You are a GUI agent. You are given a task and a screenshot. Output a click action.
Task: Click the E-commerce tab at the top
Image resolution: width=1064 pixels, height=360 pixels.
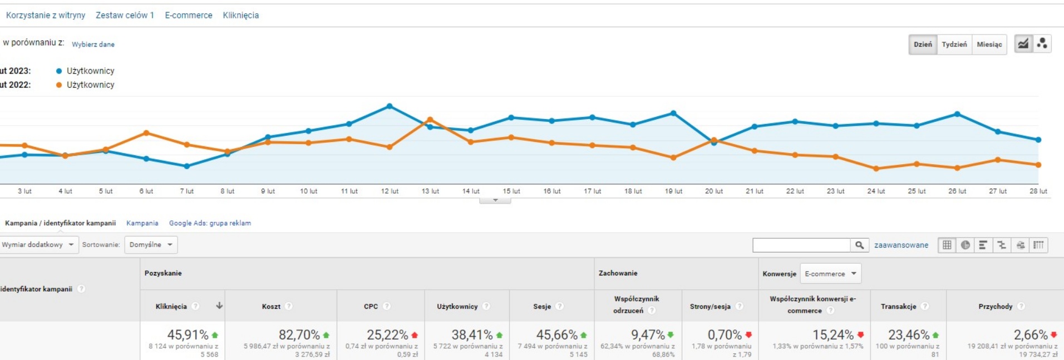[188, 15]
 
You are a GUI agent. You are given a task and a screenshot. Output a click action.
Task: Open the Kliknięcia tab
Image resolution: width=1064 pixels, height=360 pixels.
[240, 15]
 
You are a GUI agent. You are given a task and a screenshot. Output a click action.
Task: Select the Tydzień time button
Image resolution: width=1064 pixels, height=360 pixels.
[954, 44]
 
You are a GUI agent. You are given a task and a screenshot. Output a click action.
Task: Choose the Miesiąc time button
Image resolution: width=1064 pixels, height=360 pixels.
[989, 44]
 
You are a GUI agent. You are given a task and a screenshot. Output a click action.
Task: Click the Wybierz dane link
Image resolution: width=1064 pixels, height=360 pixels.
[93, 45]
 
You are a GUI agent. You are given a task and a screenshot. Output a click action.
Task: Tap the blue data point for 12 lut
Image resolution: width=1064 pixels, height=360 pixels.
[390, 106]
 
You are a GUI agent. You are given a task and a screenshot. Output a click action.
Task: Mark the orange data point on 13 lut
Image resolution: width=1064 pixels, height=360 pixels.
[430, 120]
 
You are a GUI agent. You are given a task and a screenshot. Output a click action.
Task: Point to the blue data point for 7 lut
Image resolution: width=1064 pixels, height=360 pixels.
[187, 166]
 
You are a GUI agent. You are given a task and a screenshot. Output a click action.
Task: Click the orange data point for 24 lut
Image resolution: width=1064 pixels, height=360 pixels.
[876, 168]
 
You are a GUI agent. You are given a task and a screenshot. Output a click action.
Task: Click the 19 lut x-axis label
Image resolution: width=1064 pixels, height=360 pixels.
[673, 191]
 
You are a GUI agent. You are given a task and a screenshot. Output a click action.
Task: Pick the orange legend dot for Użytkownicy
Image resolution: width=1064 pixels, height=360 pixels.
[59, 85]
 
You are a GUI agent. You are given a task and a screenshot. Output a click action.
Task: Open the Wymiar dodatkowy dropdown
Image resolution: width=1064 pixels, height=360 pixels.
[38, 245]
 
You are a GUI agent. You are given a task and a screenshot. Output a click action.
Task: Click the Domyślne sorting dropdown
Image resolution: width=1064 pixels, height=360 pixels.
[151, 245]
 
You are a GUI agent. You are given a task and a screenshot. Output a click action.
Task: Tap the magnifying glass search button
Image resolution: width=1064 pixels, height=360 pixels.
[859, 245]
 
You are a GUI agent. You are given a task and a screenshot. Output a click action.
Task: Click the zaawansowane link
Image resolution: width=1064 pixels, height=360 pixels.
[901, 245]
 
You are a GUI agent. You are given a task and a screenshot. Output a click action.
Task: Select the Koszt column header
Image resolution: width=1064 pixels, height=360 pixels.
[271, 307]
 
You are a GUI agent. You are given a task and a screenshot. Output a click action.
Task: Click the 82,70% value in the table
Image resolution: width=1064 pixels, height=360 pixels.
[299, 335]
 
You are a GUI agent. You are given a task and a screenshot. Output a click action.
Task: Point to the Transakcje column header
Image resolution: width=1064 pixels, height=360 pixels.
[898, 307]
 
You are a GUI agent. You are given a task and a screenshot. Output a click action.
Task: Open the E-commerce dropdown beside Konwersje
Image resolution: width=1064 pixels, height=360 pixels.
[830, 274]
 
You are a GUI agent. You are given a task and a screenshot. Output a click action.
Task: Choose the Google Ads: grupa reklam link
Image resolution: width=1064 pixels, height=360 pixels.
[210, 223]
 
